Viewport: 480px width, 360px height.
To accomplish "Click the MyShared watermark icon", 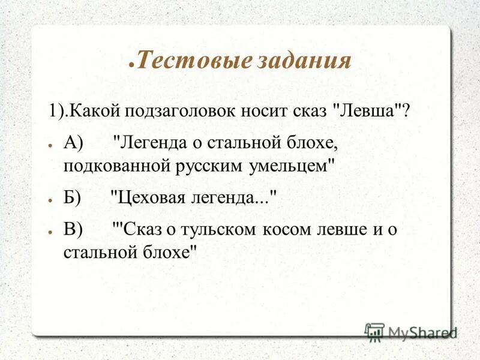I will click(375, 332).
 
